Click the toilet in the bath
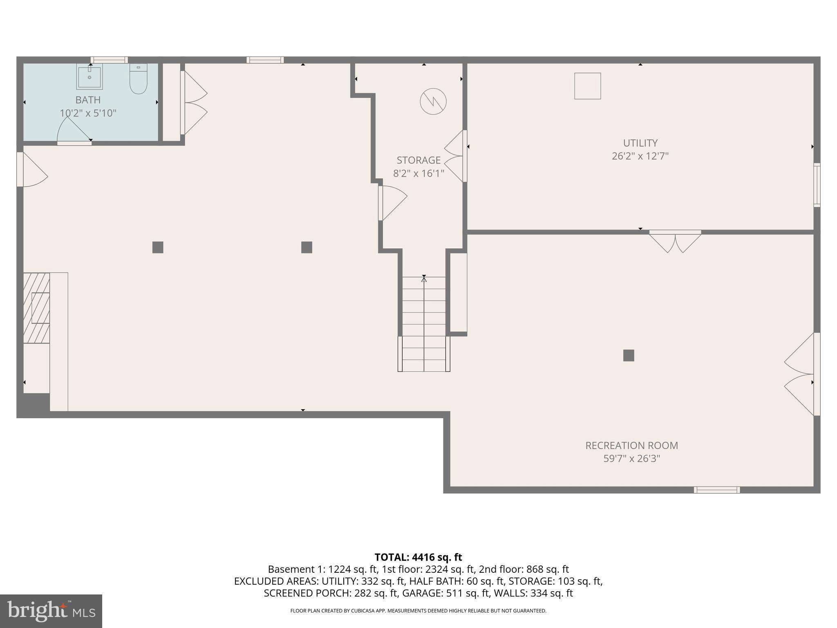coord(139,79)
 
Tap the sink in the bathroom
coord(90,76)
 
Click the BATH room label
coord(88,100)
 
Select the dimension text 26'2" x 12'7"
coord(640,156)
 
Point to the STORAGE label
coord(418,160)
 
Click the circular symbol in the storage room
coord(433,101)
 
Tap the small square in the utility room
coord(587,86)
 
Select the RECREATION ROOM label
coord(631,446)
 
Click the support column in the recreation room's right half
coord(629,355)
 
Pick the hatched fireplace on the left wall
coord(36,308)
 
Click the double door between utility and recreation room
coord(675,241)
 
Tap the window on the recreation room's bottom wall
coord(716,490)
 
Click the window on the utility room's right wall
coord(817,185)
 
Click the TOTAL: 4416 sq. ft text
coord(418,557)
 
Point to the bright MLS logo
coord(51,611)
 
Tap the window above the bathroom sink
coord(109,60)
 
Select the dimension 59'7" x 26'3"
coord(631,459)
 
